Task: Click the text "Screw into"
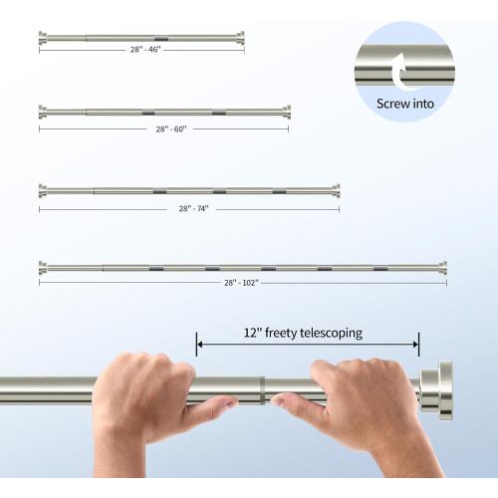(404, 103)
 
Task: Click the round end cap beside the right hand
(435, 389)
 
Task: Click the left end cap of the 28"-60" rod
(42, 111)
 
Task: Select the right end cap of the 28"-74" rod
(336, 189)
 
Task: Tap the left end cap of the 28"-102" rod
(42, 267)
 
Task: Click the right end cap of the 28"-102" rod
(443, 267)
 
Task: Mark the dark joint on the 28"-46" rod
(161, 38)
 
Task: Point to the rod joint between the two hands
(261, 388)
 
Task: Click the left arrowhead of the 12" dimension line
(199, 346)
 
